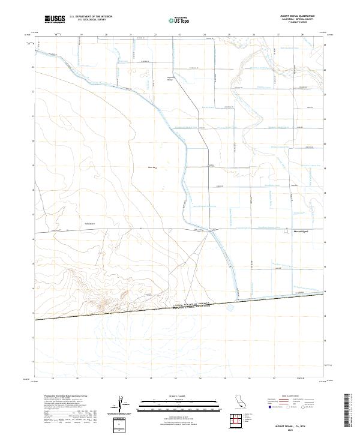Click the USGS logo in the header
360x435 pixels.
coord(55,19)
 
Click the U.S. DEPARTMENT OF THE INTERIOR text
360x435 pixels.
coord(91,17)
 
